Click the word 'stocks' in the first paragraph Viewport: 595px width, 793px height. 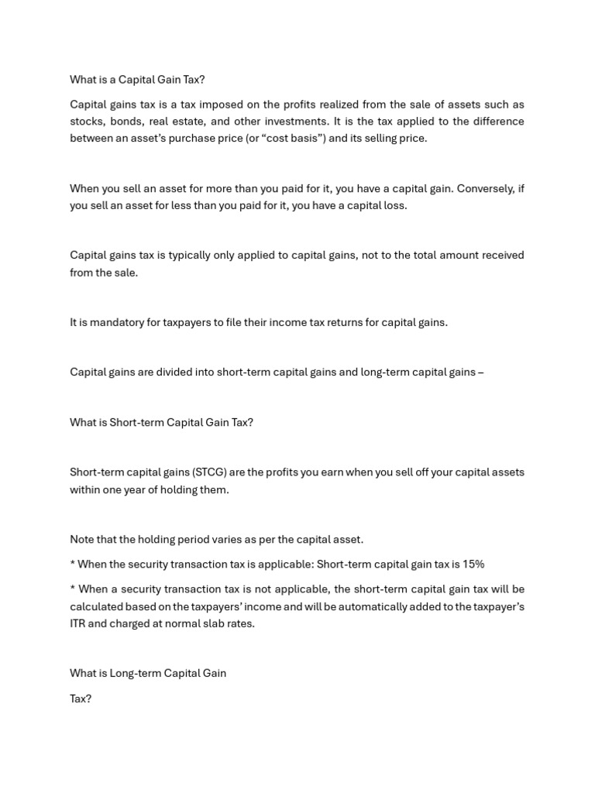[x=86, y=122]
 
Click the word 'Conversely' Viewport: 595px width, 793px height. [x=487, y=189]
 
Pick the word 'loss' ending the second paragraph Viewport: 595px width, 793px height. [x=394, y=206]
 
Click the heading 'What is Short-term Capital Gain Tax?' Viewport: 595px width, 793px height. [x=161, y=423]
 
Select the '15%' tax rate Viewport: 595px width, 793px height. [x=473, y=565]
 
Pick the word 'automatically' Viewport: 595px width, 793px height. [x=364, y=606]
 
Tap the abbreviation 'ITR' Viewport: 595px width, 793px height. [x=77, y=623]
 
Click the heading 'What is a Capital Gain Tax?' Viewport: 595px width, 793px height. [x=137, y=80]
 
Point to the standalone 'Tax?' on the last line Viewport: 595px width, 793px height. [x=81, y=699]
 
